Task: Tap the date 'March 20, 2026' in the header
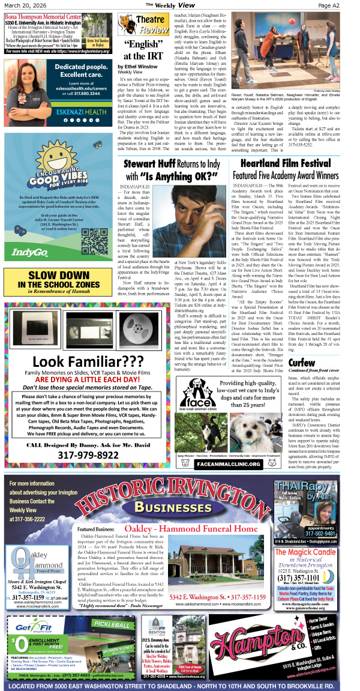(25, 5)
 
